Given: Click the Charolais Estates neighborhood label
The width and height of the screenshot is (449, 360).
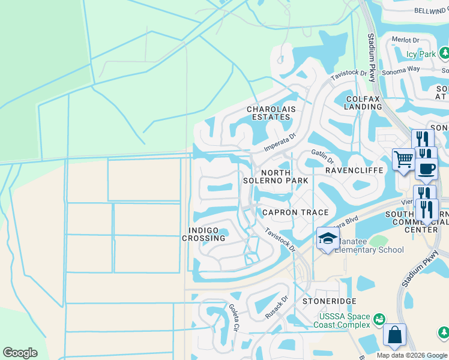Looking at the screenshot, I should click(268, 113).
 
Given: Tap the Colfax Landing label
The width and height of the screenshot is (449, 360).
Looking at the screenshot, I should click(363, 102).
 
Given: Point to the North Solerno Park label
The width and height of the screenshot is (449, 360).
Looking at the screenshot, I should click(276, 175).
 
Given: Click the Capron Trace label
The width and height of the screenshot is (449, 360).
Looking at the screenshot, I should click(295, 212).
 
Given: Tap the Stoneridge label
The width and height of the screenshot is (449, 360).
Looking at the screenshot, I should click(330, 301).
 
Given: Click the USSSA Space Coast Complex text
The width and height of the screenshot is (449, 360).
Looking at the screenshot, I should click(342, 320).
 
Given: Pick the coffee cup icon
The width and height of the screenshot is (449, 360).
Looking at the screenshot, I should click(426, 168).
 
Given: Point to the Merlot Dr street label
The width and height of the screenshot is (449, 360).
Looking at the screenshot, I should click(405, 40).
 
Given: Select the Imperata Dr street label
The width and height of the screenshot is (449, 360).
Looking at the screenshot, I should click(282, 143).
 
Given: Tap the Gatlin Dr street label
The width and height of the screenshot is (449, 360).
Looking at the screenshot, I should click(322, 157).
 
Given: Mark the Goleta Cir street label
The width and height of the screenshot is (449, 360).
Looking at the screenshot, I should click(234, 317).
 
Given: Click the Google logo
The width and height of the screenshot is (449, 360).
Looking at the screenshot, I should click(20, 353).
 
